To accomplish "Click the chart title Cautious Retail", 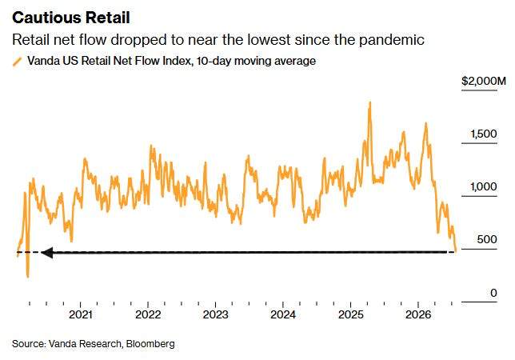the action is (71, 18).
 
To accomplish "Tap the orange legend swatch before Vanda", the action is (17, 62).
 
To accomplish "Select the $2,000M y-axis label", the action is (484, 81).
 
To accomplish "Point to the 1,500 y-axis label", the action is (484, 134).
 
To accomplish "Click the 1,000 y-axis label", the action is (484, 187).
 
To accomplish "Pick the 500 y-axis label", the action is (487, 239).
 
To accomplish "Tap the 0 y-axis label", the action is (493, 293).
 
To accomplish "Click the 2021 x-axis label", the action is (81, 314).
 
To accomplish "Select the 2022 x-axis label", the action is (148, 314).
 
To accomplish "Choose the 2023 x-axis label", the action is (215, 314).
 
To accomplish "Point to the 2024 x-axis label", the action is (283, 314).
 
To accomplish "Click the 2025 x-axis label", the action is (351, 314).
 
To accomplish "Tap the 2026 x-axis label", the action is (418, 314).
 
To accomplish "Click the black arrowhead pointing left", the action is (47, 253).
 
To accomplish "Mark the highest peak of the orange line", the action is (369, 102).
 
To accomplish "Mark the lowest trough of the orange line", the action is (27, 277).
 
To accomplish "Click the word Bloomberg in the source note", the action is (150, 344).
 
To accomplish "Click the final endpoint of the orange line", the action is (456, 252).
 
